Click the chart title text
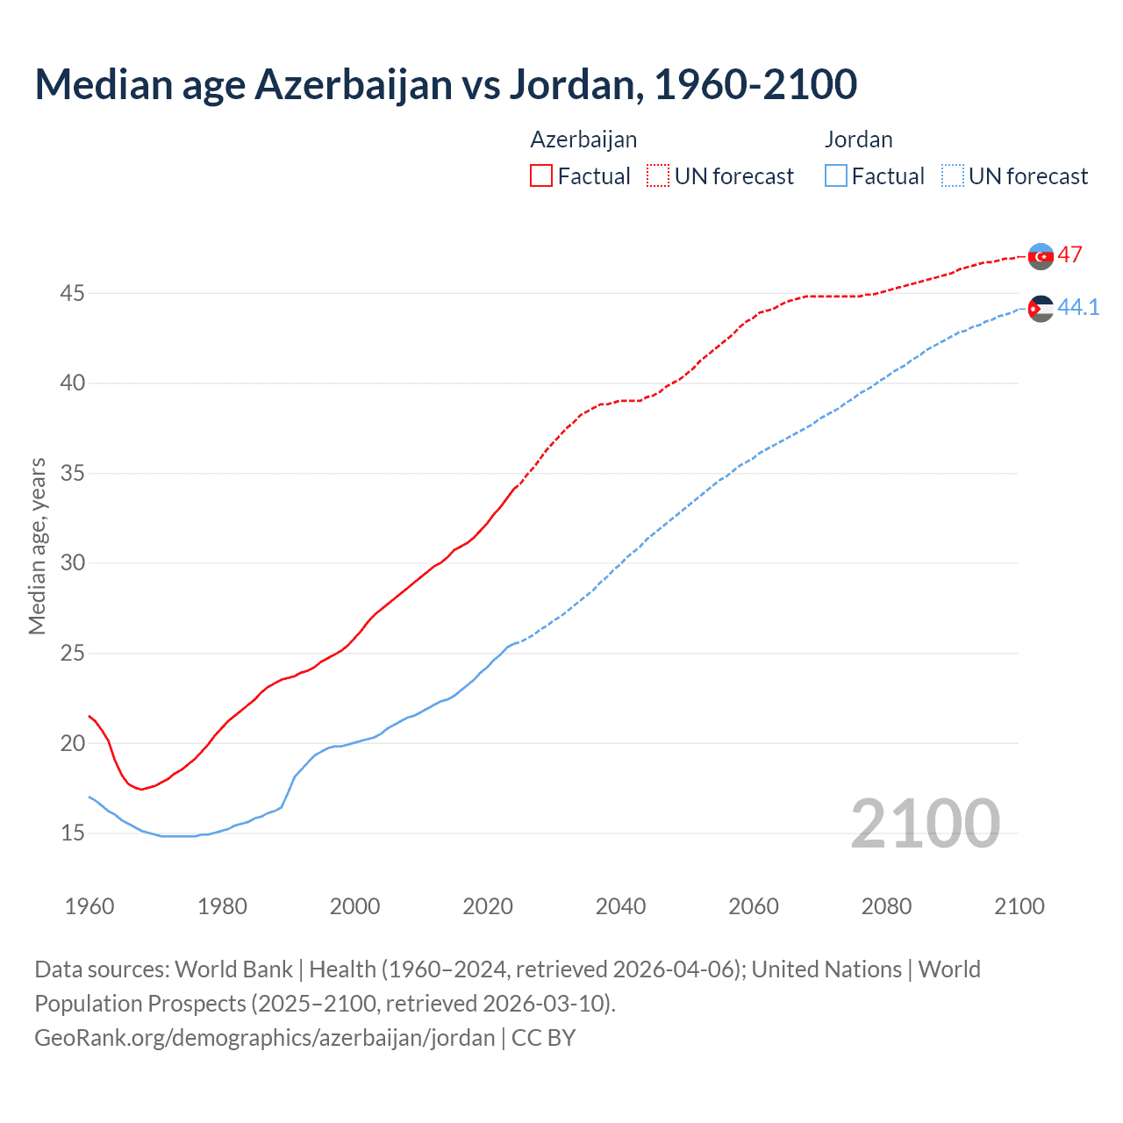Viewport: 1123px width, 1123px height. (x=446, y=84)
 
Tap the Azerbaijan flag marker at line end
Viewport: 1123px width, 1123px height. (x=1041, y=256)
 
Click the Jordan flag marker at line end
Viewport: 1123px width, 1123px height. (x=1041, y=308)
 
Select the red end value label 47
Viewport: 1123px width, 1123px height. (x=1069, y=255)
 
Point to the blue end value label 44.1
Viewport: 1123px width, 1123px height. (x=1078, y=307)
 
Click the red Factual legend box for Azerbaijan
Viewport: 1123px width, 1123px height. (x=541, y=176)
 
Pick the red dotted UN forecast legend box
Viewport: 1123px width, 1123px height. (x=658, y=176)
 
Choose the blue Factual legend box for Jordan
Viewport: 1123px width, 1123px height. (x=836, y=176)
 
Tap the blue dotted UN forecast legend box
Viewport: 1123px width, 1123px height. (x=952, y=176)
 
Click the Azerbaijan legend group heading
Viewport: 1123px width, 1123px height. (x=583, y=139)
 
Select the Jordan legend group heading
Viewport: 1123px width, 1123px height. (x=858, y=139)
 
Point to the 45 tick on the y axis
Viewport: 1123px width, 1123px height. (x=72, y=293)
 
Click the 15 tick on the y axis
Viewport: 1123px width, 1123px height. (x=72, y=833)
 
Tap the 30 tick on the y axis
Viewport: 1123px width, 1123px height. (x=72, y=562)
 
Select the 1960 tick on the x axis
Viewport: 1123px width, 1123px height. (x=89, y=906)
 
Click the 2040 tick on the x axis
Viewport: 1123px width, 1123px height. (x=620, y=906)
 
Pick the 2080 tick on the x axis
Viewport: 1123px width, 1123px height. (x=886, y=906)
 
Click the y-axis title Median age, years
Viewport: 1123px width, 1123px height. (x=37, y=546)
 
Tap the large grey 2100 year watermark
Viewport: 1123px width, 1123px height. (x=925, y=823)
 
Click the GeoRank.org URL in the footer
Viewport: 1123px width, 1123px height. (x=265, y=1038)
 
